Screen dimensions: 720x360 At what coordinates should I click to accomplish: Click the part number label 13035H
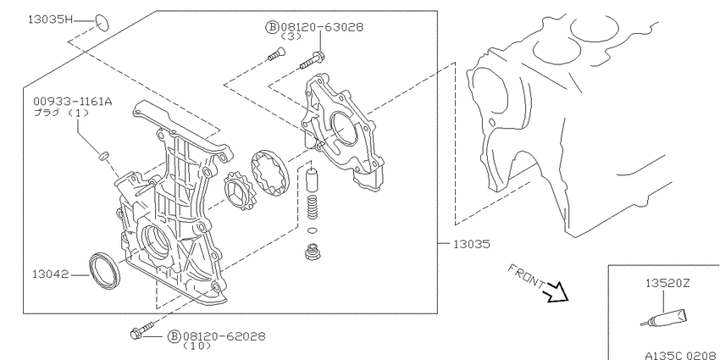coord(51,19)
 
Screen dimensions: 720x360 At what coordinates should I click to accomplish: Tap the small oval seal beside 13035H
coord(102,23)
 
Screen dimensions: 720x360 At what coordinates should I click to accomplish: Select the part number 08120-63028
coord(321,28)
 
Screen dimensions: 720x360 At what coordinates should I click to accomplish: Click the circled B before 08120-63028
coord(272,28)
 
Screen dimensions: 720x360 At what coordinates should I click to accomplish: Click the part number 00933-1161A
coord(72,102)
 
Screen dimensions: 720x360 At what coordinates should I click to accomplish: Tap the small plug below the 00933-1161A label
coord(104,156)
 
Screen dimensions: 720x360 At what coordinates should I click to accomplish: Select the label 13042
coord(51,274)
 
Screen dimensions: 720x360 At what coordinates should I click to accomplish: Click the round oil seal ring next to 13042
coord(104,271)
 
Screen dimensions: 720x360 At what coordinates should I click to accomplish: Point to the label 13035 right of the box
coord(472,244)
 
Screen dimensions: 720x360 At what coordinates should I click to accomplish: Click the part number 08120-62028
coord(224,336)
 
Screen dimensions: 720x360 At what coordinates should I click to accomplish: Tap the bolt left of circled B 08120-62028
coord(141,331)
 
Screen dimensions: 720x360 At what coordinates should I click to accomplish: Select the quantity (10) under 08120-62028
coord(197,346)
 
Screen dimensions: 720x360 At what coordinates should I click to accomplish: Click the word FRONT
coord(527,276)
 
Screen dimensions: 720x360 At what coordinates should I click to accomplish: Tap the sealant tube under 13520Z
coord(664,318)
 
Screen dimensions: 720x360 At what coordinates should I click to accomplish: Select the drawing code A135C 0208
coord(681,355)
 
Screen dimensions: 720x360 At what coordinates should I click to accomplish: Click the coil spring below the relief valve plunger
coord(312,208)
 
